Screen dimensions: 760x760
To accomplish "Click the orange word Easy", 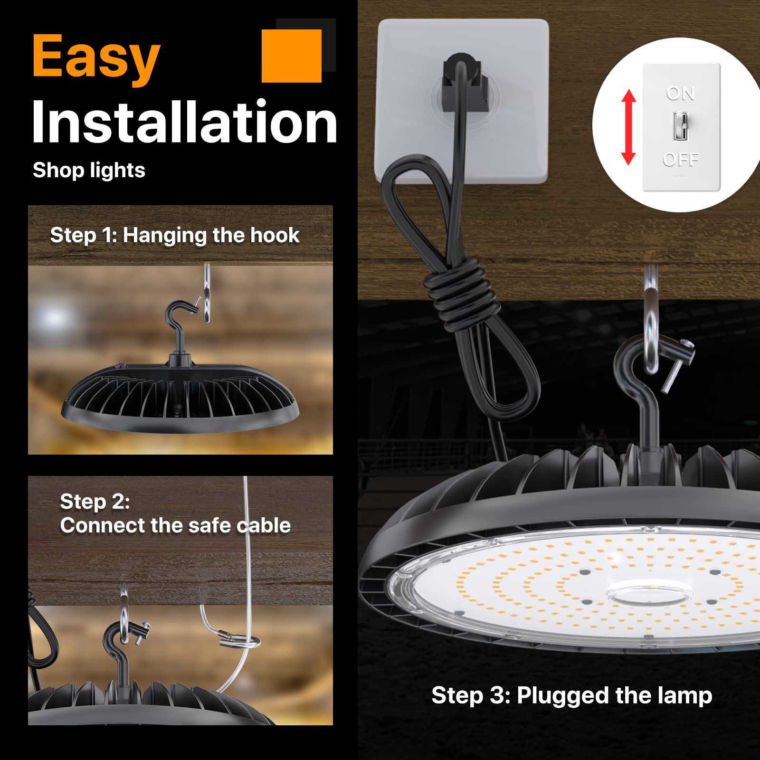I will click(96, 57).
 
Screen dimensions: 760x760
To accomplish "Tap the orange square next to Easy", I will click(292, 56).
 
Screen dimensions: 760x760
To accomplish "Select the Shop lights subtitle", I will click(89, 170).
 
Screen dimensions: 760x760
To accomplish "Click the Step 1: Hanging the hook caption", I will click(175, 235).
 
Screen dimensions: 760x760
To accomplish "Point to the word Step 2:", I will click(95, 502).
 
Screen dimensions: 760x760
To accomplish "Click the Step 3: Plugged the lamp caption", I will click(571, 695).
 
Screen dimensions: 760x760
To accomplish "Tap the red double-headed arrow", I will click(628, 127).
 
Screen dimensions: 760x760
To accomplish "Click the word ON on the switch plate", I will click(680, 94).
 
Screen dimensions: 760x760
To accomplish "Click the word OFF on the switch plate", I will click(681, 159).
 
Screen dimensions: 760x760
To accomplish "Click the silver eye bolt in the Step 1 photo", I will click(207, 294).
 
